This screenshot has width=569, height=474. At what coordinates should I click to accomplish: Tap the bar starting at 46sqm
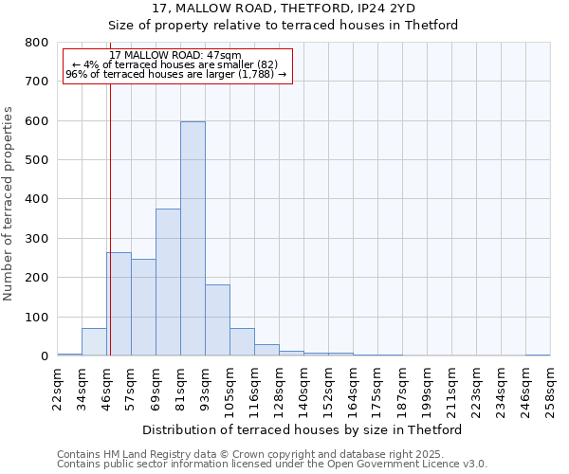tap(119, 304)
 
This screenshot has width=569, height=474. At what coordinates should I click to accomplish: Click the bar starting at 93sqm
tap(217, 320)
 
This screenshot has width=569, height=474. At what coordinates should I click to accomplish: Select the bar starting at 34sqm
tap(94, 342)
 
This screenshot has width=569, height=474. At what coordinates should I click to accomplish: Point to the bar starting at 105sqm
tap(242, 342)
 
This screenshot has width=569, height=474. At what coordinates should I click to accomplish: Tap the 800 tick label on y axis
tap(37, 43)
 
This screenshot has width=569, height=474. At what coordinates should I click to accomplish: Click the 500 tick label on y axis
tap(37, 160)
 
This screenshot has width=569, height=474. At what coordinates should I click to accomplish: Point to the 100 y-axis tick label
tap(37, 318)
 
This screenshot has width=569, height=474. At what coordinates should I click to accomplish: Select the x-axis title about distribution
tap(302, 430)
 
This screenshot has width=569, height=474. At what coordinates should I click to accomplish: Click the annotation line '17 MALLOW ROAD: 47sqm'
tap(175, 55)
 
